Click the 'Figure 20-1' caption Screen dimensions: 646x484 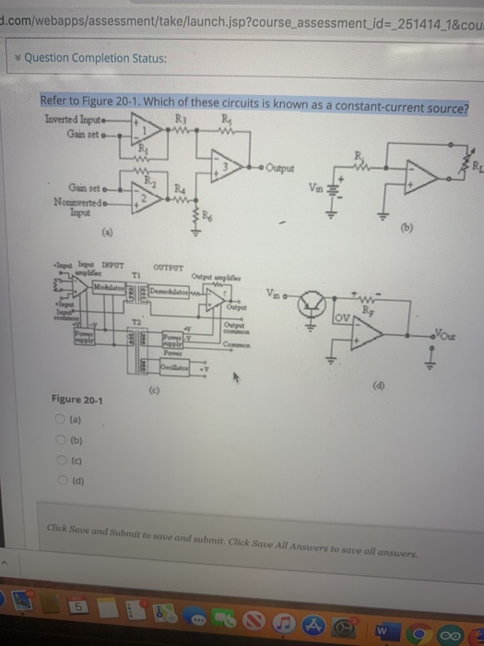77,400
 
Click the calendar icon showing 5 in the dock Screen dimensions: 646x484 81,607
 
